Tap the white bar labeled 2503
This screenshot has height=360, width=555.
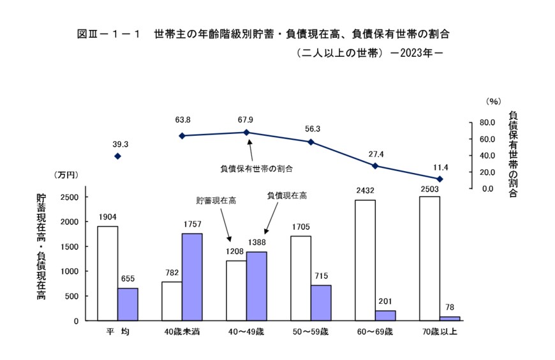429,259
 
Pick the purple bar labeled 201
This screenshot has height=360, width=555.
385,315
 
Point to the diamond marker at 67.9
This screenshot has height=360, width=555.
247,132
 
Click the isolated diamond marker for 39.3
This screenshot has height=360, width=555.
117,156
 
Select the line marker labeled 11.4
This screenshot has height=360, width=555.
440,179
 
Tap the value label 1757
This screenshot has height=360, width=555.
192,225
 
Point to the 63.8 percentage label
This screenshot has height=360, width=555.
182,119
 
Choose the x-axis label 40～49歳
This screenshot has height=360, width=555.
247,333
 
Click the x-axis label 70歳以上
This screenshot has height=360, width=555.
440,333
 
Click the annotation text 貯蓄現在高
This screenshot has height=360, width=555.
216,200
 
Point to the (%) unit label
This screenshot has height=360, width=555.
493,101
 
